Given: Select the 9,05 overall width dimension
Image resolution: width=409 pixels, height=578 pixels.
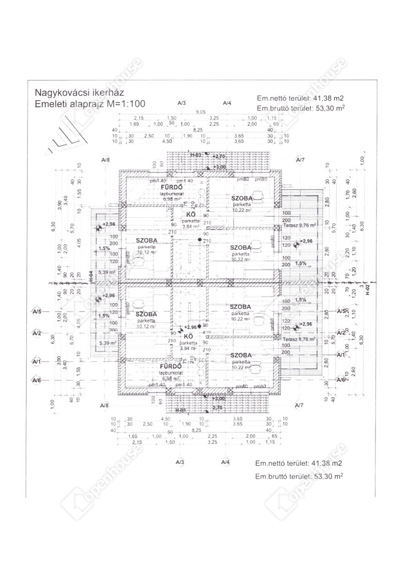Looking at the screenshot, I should [201, 112].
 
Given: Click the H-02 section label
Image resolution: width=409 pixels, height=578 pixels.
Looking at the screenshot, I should [368, 294].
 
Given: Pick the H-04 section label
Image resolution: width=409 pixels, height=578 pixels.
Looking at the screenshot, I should [92, 277].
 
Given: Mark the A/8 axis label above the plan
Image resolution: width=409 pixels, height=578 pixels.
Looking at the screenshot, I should [105, 160].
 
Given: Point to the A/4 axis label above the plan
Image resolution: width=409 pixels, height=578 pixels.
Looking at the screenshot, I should [227, 103].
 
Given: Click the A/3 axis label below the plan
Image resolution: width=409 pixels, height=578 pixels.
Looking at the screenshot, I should [180, 461].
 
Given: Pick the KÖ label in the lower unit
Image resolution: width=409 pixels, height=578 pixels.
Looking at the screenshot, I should [188, 336].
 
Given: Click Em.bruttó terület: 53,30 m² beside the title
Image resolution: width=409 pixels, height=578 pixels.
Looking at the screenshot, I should [300, 108].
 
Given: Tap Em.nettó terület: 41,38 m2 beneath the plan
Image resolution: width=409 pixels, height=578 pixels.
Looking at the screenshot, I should [299, 463].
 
